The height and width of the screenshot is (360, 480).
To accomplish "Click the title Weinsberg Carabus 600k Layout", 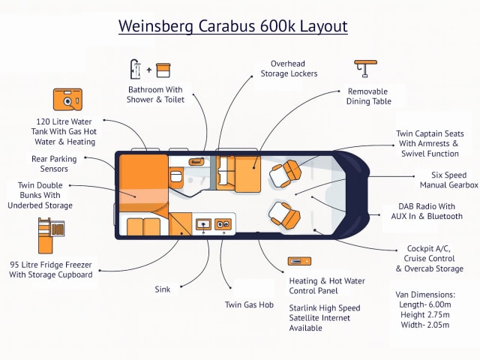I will [x=233, y=27].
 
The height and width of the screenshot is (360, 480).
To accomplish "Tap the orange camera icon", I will [x=67, y=100].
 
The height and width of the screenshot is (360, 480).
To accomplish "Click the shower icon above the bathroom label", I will [x=136, y=69].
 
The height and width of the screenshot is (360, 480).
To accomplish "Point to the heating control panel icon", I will [x=298, y=262].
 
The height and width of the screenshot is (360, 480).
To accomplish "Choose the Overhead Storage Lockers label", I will [x=289, y=68].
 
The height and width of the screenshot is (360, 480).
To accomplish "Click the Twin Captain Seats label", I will [x=428, y=144].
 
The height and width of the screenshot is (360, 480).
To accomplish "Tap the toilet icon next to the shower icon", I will [x=163, y=70].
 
